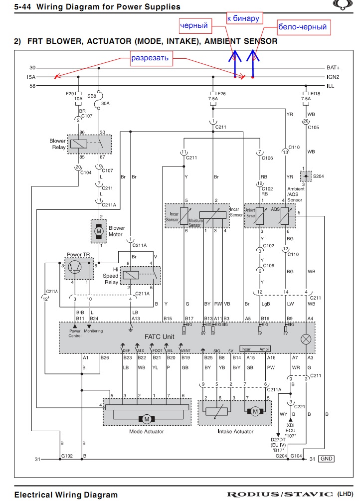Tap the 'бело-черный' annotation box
click(x=302, y=26)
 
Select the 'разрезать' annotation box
click(x=150, y=58)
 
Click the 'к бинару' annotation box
click(x=243, y=18)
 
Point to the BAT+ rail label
click(x=333, y=68)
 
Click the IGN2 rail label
click(x=333, y=77)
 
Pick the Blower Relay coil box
click(x=79, y=144)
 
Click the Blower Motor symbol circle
click(x=99, y=230)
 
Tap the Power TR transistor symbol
click(x=75, y=268)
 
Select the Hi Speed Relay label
click(x=110, y=275)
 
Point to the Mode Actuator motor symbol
click(x=147, y=419)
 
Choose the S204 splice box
click(x=304, y=176)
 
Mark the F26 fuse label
click(x=222, y=93)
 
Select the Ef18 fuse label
click(x=315, y=93)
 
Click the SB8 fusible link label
click(x=92, y=95)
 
